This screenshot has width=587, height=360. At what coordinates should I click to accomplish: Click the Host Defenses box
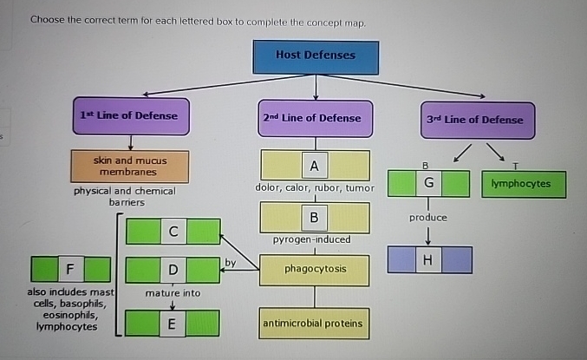315,55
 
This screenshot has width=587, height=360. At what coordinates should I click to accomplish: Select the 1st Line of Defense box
129,116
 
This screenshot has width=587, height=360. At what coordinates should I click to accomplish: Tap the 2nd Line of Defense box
310,118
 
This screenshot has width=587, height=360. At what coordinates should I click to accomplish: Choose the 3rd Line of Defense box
475,120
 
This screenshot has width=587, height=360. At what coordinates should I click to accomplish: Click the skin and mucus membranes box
130,166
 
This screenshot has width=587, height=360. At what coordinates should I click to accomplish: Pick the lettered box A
314,165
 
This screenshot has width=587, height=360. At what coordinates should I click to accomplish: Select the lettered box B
314,217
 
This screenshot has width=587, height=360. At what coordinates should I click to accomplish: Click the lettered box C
173,232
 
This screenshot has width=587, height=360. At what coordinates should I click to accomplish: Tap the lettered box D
173,271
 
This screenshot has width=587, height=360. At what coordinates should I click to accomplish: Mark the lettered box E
173,324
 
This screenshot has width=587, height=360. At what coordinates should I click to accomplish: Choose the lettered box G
428,184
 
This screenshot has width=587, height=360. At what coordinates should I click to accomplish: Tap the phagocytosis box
315,269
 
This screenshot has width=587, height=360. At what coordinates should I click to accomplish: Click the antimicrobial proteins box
314,324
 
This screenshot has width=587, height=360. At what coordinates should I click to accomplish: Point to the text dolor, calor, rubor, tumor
314,188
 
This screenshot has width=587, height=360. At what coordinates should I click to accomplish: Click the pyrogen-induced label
311,239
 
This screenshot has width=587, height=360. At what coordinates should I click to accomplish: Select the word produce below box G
427,217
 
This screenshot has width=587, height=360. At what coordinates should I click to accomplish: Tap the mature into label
173,293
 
